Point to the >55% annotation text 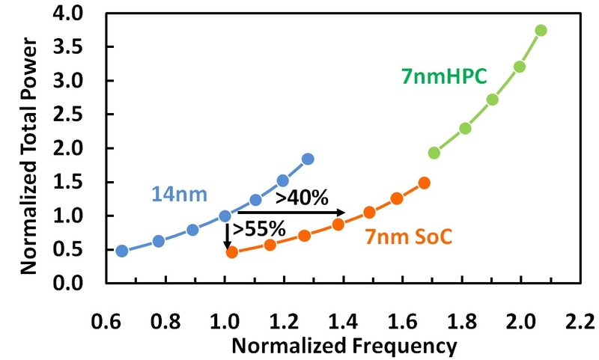pos(259,228)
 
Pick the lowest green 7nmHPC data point pos(434,153)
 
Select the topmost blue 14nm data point pos(308,159)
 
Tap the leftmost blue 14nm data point pos(121,251)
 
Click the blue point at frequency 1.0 pos(225,216)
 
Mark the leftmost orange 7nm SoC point pos(232,252)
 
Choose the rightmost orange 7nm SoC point pos(425,183)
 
